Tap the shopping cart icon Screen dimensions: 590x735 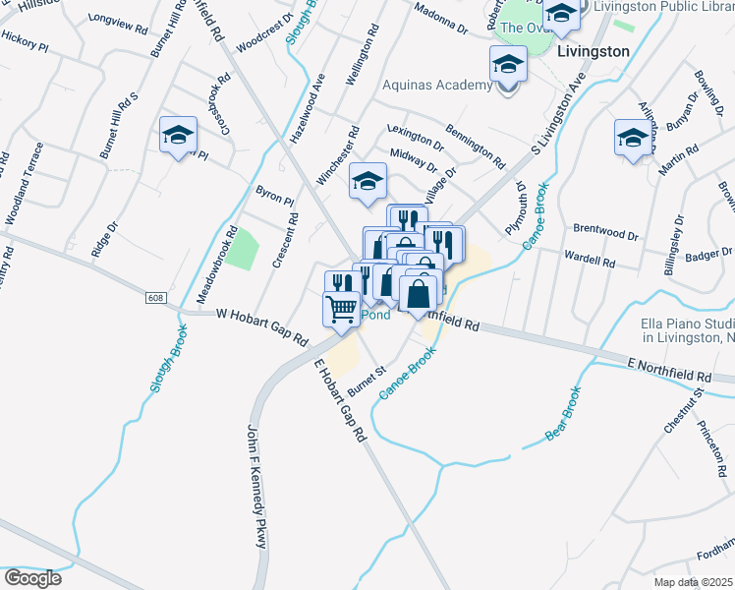point(341,309)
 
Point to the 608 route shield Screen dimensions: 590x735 point(157,298)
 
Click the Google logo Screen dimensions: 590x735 point(32,577)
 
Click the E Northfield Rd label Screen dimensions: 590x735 point(669,370)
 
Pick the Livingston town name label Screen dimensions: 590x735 point(593,50)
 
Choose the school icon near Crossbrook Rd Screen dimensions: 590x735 point(179,135)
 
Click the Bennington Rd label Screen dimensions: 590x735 point(475,145)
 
